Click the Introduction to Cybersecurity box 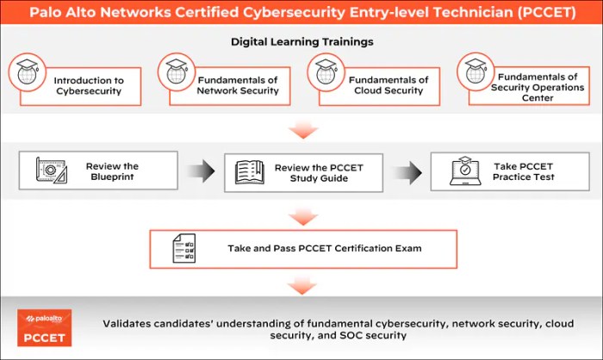point(82,85)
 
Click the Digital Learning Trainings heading point(301,40)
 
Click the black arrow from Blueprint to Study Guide point(201,171)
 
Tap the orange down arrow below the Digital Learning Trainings point(301,129)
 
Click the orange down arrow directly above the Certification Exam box point(301,214)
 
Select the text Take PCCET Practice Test point(524,171)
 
